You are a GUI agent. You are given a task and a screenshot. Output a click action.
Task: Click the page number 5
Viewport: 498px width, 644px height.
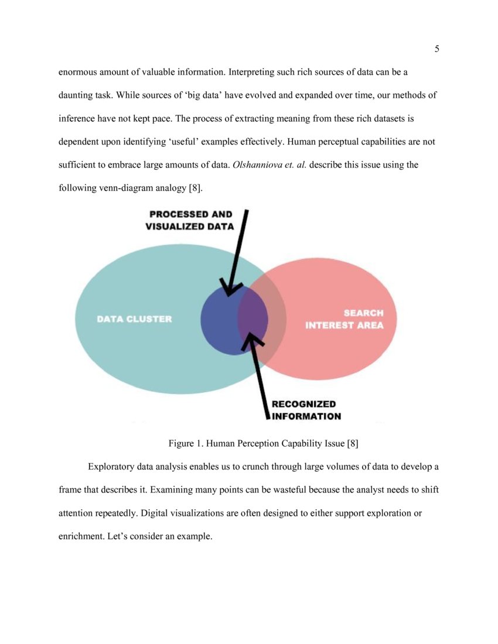(x=436, y=49)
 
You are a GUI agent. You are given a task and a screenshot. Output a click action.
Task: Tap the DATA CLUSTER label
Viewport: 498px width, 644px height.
(x=134, y=319)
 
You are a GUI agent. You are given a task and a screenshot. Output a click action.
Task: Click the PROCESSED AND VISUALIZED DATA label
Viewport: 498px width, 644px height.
(x=190, y=220)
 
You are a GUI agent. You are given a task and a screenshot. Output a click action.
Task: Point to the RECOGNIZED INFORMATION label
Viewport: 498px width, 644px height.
(x=305, y=410)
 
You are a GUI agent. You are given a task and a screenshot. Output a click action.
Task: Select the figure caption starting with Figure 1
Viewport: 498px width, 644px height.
(x=263, y=443)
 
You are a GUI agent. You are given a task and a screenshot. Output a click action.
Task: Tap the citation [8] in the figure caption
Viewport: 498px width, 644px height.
(x=352, y=443)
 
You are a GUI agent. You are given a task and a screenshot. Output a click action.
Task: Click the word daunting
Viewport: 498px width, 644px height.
(x=77, y=95)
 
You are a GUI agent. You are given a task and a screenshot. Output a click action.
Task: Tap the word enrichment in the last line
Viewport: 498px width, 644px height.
(x=82, y=536)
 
